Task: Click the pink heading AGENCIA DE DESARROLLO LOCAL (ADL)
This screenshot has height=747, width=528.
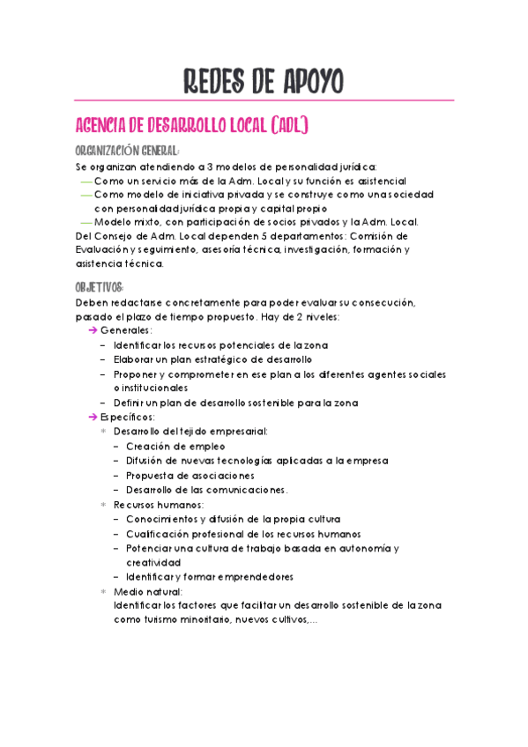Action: (x=193, y=124)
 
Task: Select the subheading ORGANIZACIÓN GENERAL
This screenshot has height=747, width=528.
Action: (x=128, y=150)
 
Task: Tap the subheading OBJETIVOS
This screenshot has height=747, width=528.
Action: (x=100, y=287)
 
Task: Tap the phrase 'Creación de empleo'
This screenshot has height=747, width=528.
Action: (x=170, y=446)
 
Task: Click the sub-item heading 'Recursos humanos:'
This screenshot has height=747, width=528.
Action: (x=158, y=504)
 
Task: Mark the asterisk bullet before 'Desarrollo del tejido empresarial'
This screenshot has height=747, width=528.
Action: (x=103, y=432)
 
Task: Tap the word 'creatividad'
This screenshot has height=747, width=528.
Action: (x=153, y=561)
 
